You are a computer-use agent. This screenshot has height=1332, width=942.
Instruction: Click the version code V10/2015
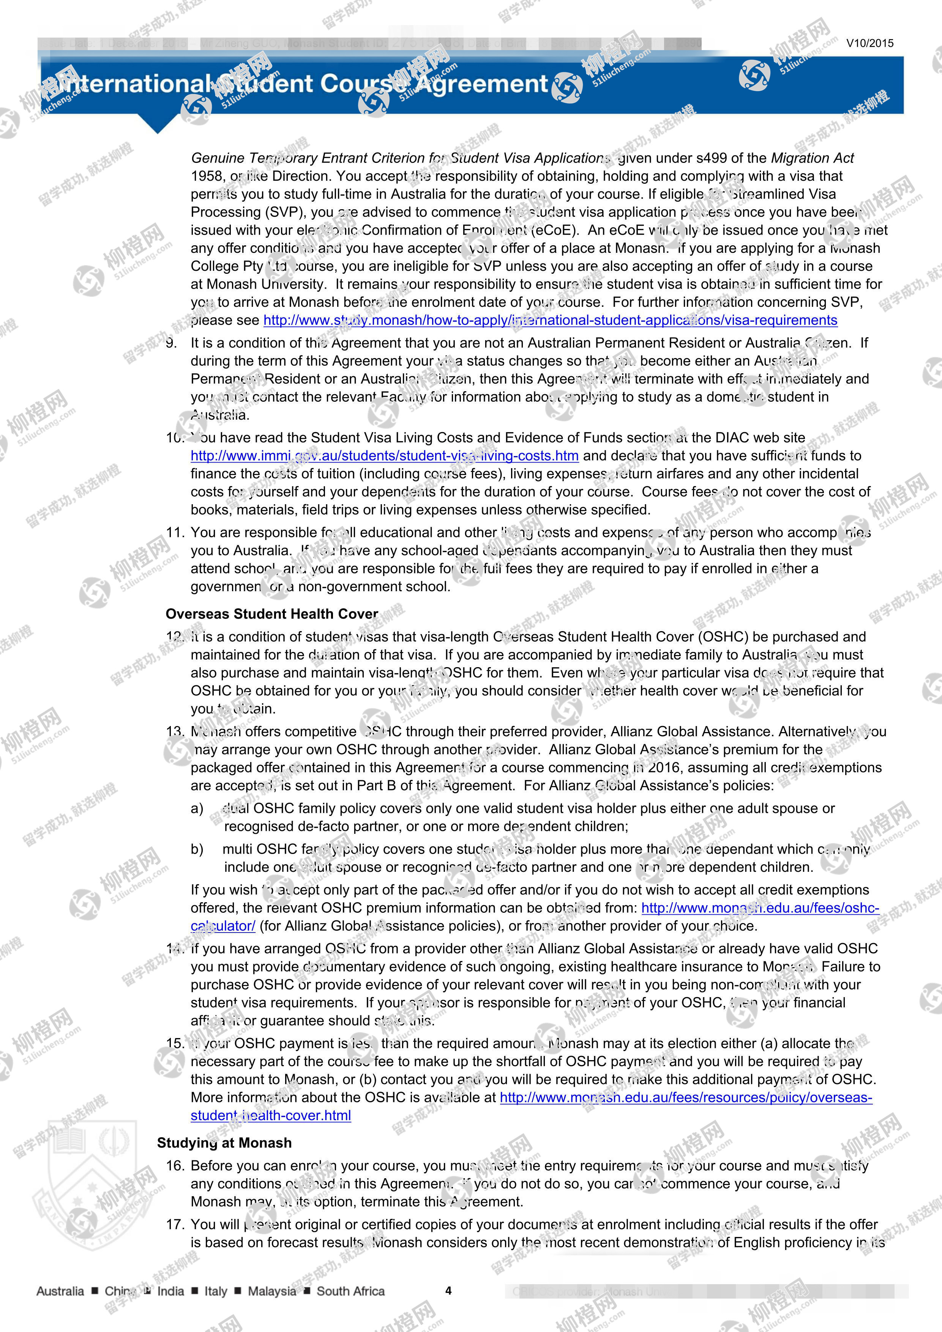click(x=869, y=43)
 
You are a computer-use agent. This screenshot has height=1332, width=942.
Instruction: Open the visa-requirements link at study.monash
click(x=550, y=320)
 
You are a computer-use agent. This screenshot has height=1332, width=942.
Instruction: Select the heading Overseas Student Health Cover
click(x=271, y=614)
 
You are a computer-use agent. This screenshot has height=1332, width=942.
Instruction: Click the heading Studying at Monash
click(x=224, y=1143)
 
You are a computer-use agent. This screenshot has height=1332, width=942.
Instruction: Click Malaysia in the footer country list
click(x=271, y=1291)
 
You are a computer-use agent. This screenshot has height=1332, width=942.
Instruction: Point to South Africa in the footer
click(x=350, y=1291)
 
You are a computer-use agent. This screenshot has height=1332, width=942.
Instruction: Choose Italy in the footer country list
click(x=216, y=1291)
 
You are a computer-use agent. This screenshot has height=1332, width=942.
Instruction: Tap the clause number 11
click(x=175, y=533)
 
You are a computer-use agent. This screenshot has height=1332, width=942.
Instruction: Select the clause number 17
click(x=175, y=1225)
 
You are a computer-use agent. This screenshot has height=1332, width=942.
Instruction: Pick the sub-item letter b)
click(x=197, y=849)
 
